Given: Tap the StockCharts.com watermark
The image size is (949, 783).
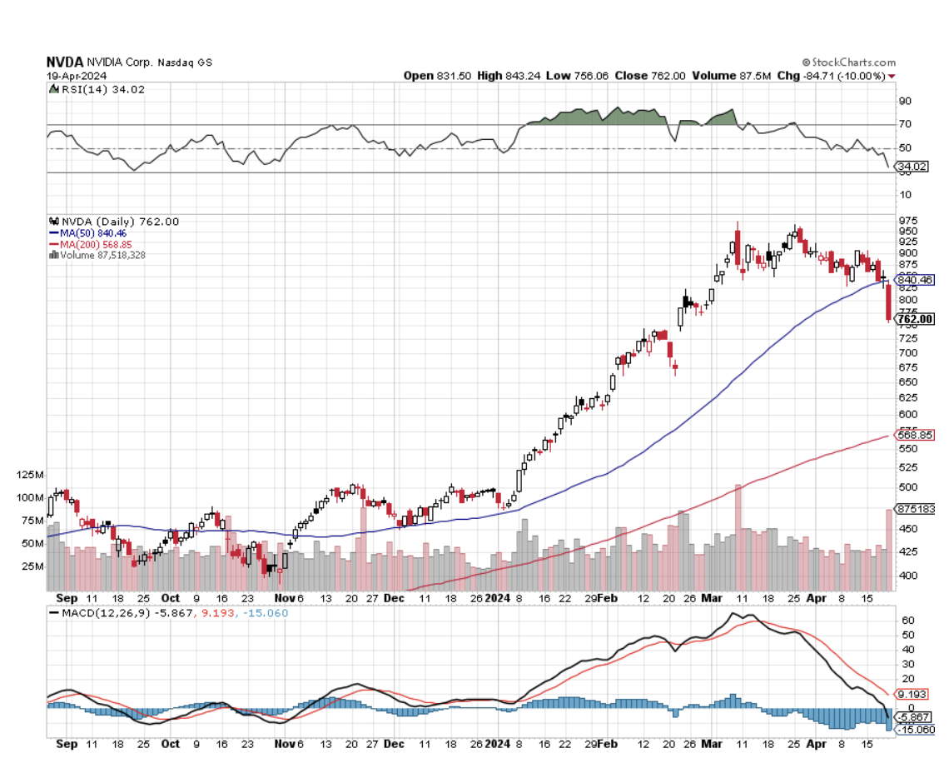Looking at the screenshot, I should pyautogui.click(x=849, y=62).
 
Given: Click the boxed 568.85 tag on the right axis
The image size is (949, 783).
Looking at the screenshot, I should pyautogui.click(x=913, y=435).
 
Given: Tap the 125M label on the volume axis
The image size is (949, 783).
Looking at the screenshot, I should pyautogui.click(x=52, y=475).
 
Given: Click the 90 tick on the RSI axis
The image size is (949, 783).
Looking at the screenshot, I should pyautogui.click(x=904, y=101).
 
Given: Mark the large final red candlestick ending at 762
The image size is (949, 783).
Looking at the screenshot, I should pyautogui.click(x=889, y=302).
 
